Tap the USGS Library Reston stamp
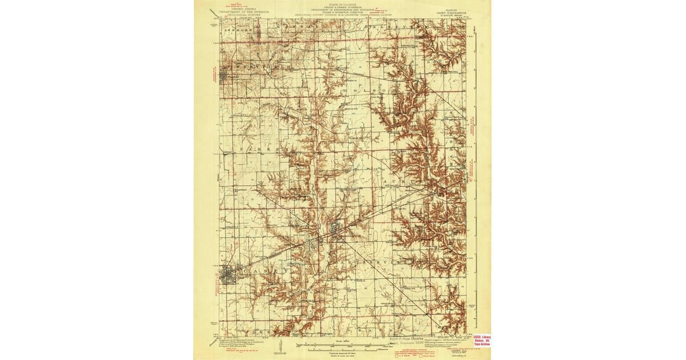(481, 341)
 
